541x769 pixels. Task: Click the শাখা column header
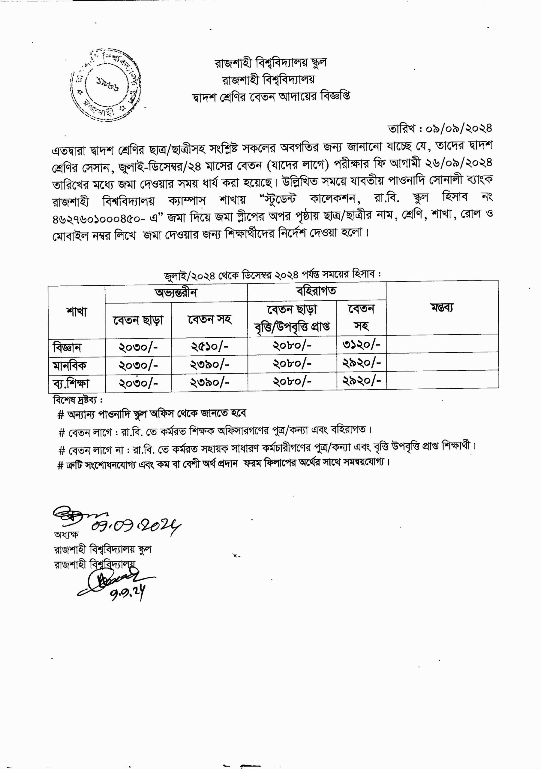(x=77, y=312)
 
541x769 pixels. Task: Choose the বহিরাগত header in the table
(x=316, y=291)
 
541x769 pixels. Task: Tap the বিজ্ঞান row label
(x=67, y=347)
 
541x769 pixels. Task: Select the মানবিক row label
(x=70, y=365)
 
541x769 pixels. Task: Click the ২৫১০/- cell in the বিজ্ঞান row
(x=209, y=347)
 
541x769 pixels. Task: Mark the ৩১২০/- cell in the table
(x=361, y=345)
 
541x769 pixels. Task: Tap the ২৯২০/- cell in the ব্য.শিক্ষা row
(x=361, y=381)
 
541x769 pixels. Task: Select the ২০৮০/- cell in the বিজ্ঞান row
(x=292, y=346)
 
